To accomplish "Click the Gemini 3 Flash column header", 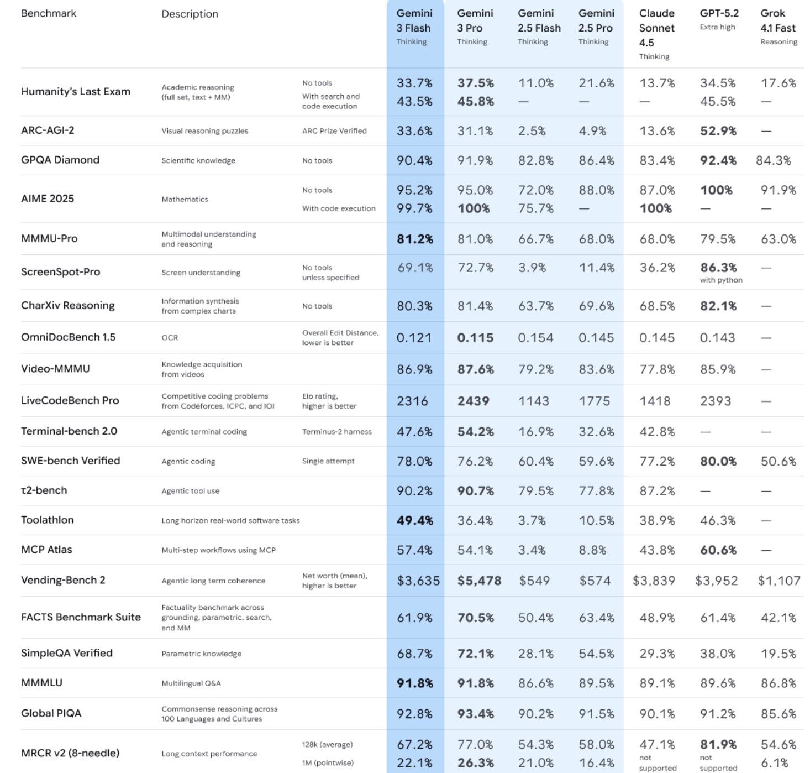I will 414,21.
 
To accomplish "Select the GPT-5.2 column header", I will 719,13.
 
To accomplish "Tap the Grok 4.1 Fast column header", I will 778,21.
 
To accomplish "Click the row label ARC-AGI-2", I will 48,130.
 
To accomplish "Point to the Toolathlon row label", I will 48,520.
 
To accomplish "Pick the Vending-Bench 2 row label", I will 63,580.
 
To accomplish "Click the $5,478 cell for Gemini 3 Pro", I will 479,581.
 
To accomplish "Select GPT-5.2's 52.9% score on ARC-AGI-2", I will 718,131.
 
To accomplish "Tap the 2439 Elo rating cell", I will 473,401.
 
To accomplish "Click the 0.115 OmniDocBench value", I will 475,337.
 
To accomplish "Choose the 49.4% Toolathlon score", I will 414,520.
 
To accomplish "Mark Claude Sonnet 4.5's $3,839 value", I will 654,581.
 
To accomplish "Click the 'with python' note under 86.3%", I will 720,280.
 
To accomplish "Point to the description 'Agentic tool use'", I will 190,491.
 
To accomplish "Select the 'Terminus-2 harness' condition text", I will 336,432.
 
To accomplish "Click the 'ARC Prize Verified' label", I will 334,131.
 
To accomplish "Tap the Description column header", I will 190,14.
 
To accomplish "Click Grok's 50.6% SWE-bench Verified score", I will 778,461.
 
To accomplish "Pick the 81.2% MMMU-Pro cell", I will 414,239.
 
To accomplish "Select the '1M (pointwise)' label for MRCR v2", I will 328,763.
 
